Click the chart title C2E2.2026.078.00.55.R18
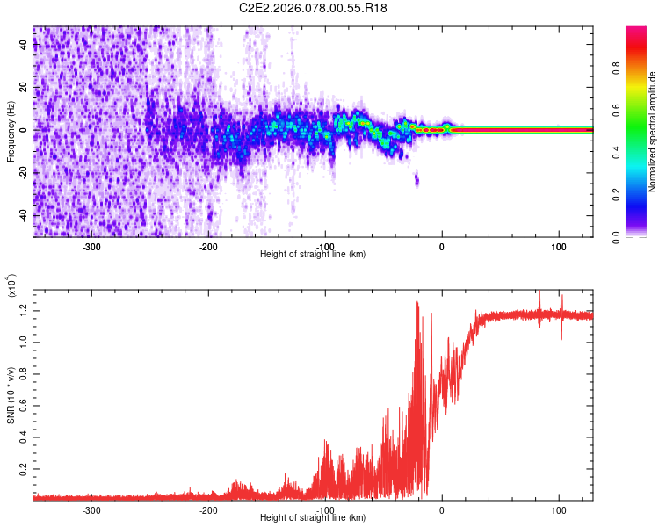[x=314, y=8]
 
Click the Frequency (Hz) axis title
[x=10, y=132]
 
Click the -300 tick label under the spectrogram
[x=92, y=246]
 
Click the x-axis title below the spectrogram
[x=313, y=255]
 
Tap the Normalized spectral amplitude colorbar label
[x=653, y=132]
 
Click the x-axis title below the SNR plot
[x=313, y=518]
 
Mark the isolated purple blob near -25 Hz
[x=416, y=180]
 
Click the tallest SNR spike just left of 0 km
[x=416, y=303]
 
